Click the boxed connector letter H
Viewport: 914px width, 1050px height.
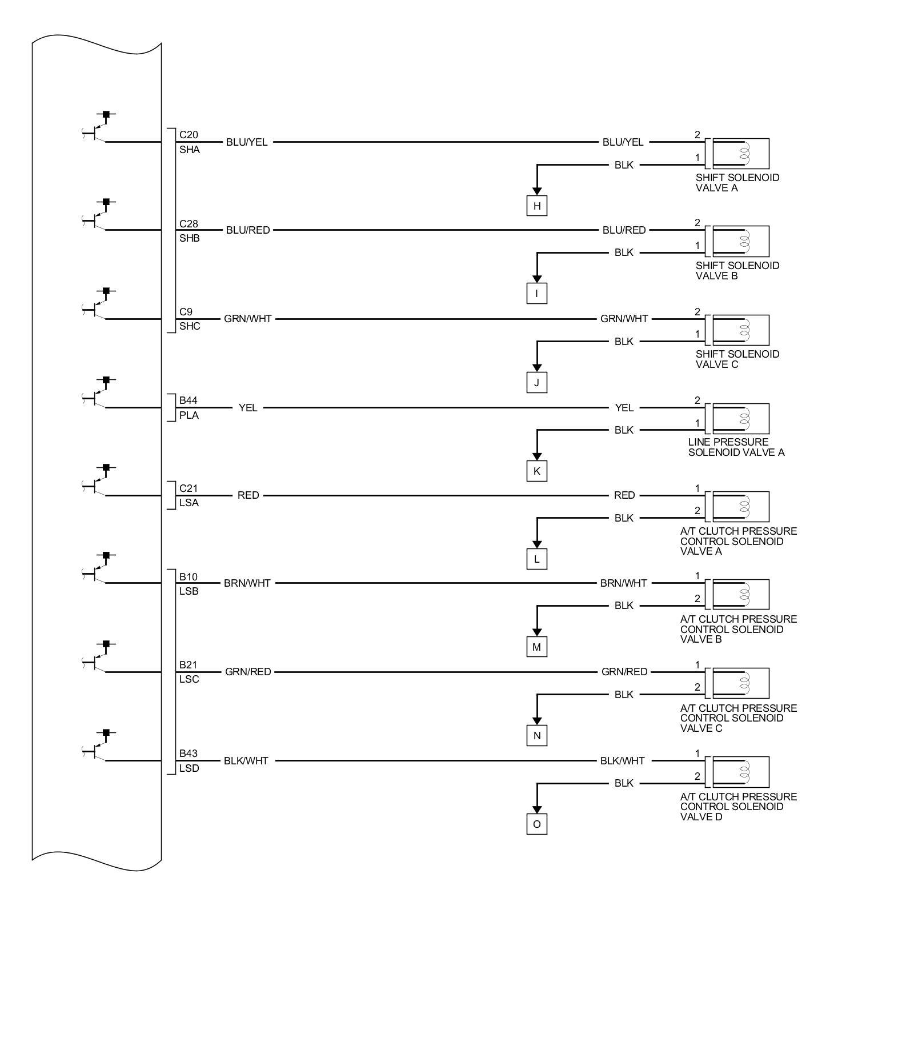point(536,206)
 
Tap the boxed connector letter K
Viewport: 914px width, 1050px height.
point(536,471)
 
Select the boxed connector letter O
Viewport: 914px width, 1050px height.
point(536,824)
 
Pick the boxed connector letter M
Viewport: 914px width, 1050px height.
point(536,647)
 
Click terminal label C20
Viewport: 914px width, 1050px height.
point(189,135)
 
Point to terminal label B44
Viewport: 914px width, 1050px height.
point(189,400)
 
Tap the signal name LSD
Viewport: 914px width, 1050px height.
point(189,768)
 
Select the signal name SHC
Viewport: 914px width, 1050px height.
point(190,326)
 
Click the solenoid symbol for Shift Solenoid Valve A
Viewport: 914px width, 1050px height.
point(740,153)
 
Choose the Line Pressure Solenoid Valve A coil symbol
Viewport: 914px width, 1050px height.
point(740,419)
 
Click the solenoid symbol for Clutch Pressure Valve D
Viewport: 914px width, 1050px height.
point(740,772)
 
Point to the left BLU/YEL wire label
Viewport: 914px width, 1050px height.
point(247,142)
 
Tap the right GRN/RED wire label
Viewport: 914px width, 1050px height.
point(624,672)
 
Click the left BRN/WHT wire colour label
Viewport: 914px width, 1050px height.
point(247,583)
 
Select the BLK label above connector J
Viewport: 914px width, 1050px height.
point(624,342)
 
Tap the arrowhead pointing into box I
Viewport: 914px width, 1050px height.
point(536,279)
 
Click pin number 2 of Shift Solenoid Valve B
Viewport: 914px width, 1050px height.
point(697,223)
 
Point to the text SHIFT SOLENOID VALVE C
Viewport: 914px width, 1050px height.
point(737,359)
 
